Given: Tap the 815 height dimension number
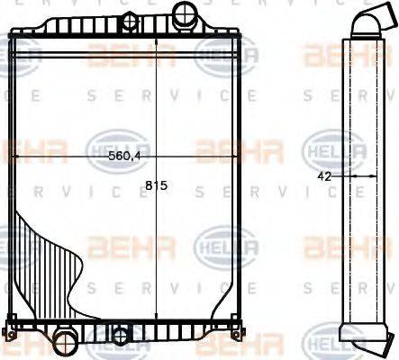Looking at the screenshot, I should pyautogui.click(x=157, y=188).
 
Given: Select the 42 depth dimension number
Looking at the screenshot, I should pyautogui.click(x=325, y=177).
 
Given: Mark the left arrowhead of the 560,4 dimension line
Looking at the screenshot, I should pyautogui.click(x=15, y=156).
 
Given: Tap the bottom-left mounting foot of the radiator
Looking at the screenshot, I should pyautogui.click(x=13, y=323).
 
